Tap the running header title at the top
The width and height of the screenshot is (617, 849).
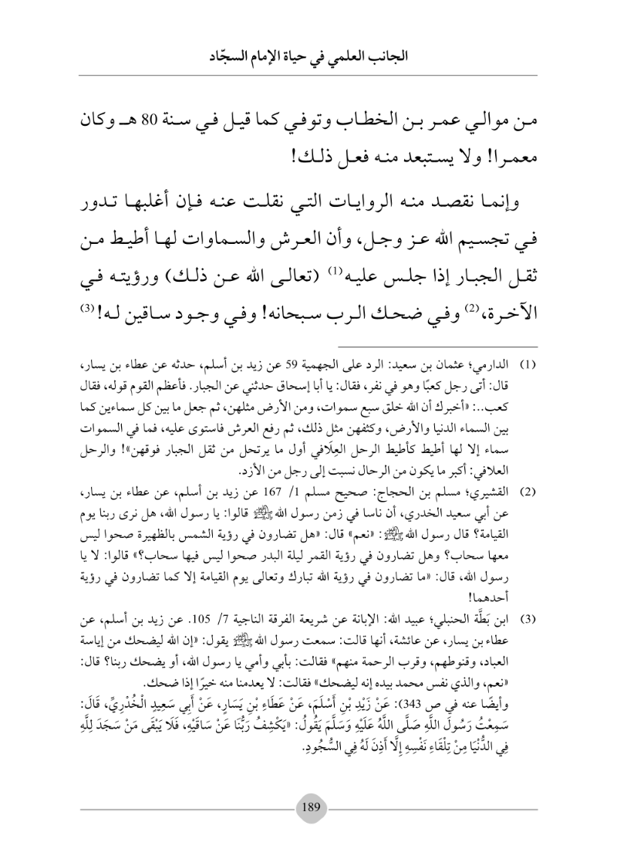308,55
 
